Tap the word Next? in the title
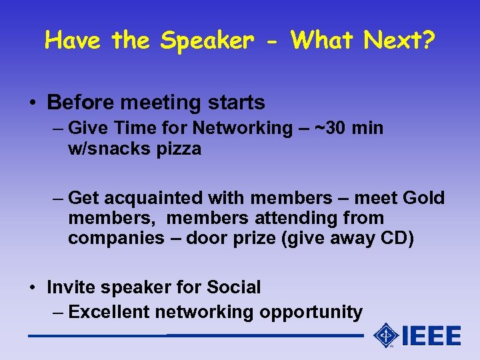pos(399,41)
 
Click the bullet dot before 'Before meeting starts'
pos(33,103)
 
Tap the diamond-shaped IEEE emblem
pos(386,335)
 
